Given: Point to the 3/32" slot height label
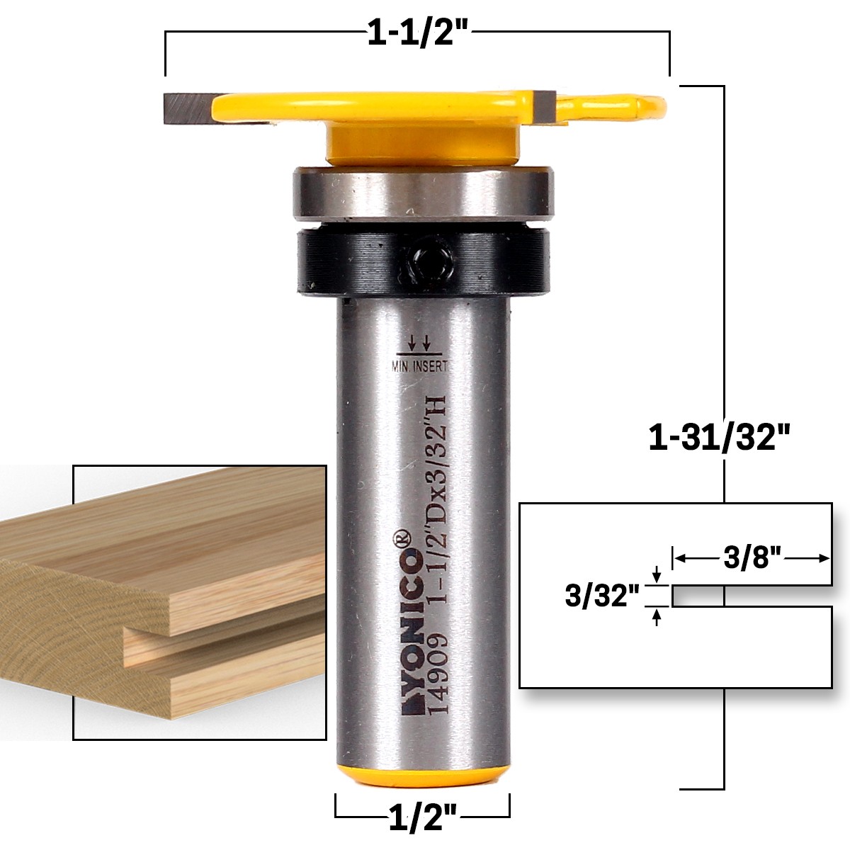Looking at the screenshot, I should [x=597, y=596].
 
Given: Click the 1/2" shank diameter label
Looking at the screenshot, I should [x=423, y=820].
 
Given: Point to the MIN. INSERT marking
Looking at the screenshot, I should [x=420, y=366].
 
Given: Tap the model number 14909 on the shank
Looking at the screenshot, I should [x=437, y=676].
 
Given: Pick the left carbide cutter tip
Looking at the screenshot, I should [x=188, y=108].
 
